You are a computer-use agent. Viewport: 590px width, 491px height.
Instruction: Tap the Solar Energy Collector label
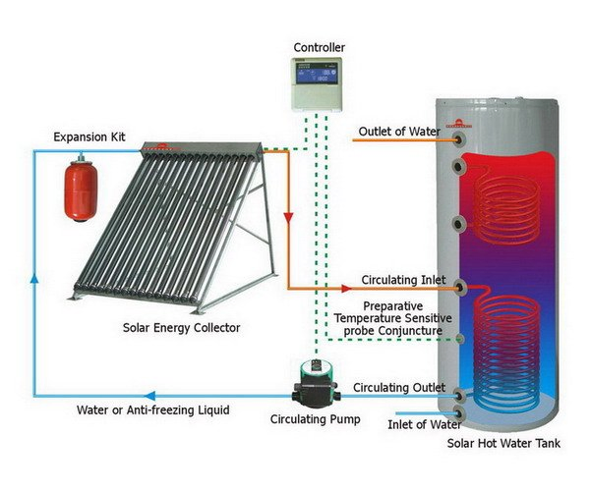pyautogui.click(x=182, y=327)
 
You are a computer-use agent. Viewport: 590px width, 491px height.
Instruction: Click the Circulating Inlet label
pyautogui.click(x=395, y=279)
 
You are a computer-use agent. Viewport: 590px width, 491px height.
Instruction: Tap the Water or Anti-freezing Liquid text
pyautogui.click(x=152, y=409)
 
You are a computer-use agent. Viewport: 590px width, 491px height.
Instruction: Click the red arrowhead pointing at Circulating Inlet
pyautogui.click(x=346, y=288)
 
